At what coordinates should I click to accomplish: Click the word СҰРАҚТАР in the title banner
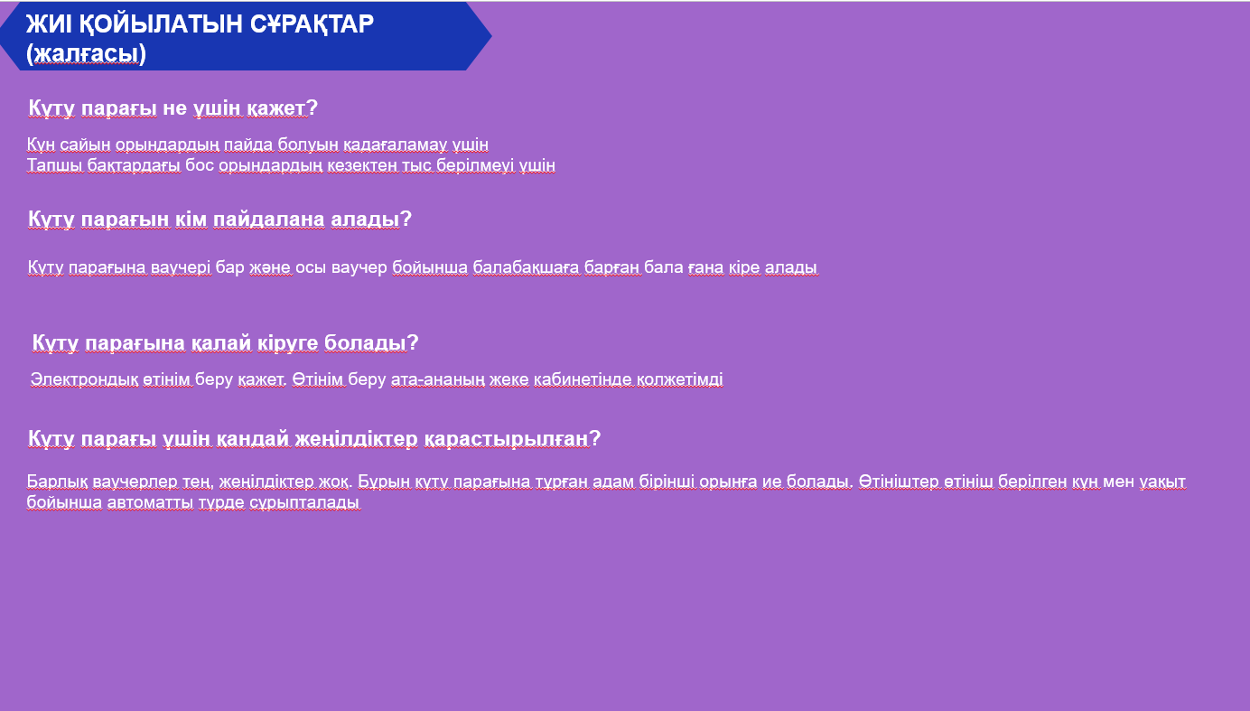[312, 23]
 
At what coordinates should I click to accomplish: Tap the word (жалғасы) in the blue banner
[86, 53]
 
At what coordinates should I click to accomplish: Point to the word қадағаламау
[395, 145]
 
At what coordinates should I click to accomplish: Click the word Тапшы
[55, 165]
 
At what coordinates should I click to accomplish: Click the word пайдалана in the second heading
[269, 219]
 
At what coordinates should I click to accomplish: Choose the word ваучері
[181, 268]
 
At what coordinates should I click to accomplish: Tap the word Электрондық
[84, 379]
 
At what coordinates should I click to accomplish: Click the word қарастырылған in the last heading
[512, 439]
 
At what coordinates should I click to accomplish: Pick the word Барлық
[57, 482]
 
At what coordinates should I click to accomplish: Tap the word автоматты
[150, 502]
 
